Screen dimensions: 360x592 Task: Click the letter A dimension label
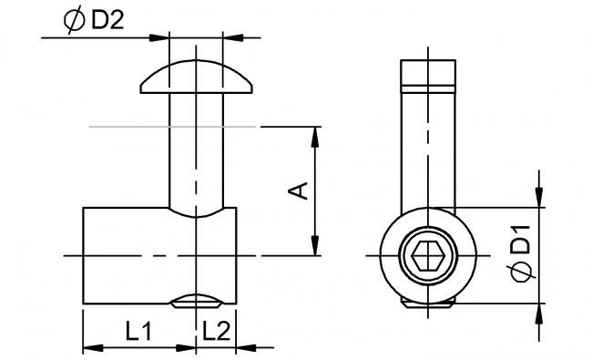pyautogui.click(x=299, y=190)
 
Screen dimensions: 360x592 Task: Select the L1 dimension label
pyautogui.click(x=138, y=332)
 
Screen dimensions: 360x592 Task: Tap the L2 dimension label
pyautogui.click(x=215, y=332)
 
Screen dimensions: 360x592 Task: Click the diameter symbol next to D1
pyautogui.click(x=519, y=273)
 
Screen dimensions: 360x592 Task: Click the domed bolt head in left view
pyautogui.click(x=196, y=77)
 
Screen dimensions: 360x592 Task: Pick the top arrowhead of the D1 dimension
pyautogui.click(x=540, y=197)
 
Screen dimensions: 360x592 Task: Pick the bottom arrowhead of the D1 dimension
pyautogui.click(x=540, y=314)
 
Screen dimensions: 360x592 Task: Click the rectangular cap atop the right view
pyautogui.click(x=429, y=72)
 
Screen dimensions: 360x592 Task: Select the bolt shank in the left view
pyautogui.click(x=196, y=150)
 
